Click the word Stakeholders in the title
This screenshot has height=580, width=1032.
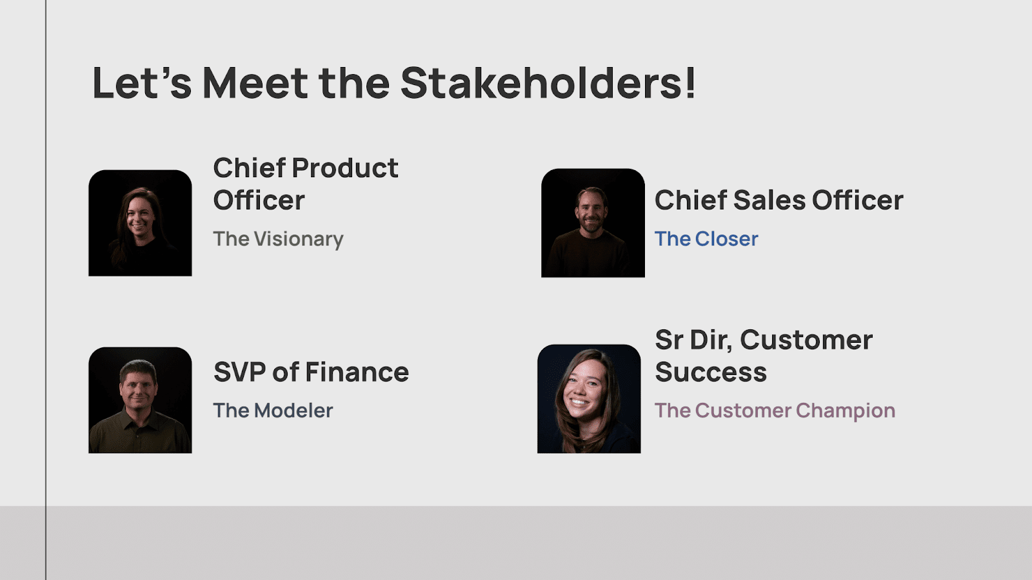[x=548, y=83]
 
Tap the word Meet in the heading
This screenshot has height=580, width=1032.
[x=255, y=83]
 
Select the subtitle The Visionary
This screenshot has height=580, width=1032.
[x=278, y=239]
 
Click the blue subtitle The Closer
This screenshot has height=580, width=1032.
[x=706, y=239]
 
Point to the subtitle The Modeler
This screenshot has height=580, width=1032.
[x=273, y=411]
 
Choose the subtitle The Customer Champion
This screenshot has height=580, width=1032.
[x=775, y=411]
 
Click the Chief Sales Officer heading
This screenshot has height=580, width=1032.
[x=779, y=200]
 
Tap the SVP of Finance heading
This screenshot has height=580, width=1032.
[x=311, y=372]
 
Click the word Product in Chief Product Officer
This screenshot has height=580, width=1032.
[x=345, y=168]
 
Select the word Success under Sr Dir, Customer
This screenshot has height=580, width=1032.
[x=711, y=372]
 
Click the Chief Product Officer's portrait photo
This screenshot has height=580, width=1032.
[x=140, y=223]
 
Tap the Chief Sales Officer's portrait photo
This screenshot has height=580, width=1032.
[x=593, y=223]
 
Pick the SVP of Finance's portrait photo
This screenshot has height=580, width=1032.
[x=140, y=400]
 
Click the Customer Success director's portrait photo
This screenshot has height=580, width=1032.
[x=589, y=399]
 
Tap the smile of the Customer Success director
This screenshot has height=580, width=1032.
[x=579, y=404]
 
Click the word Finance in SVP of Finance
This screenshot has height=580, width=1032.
[x=357, y=372]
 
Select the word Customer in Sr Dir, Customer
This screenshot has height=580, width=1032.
[x=806, y=340]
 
